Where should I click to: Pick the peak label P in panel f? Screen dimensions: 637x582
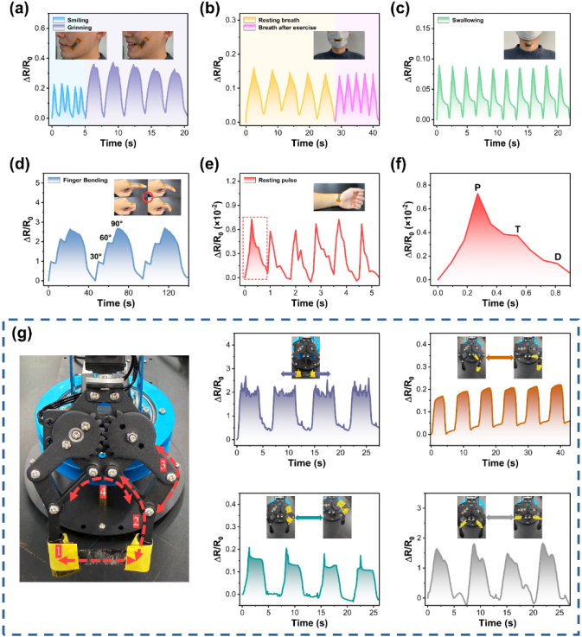click(476, 186)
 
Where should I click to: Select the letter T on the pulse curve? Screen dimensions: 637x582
click(518, 230)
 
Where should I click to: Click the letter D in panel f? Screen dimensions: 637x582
click(558, 257)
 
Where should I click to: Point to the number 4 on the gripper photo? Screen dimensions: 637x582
click(103, 493)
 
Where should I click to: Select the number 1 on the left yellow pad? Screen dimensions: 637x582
click(59, 550)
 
